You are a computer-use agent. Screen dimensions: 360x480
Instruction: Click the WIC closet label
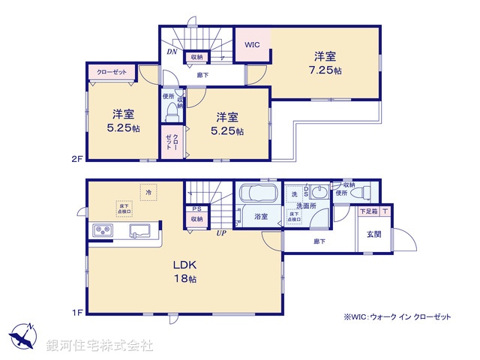(252, 45)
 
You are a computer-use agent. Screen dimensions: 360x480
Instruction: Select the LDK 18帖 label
(185, 272)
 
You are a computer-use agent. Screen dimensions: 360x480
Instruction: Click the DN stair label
(171, 52)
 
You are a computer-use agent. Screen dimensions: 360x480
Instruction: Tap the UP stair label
(221, 232)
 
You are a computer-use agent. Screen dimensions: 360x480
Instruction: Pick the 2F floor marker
(76, 158)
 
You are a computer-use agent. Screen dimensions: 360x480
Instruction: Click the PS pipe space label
(196, 209)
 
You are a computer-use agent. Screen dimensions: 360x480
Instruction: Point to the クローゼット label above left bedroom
(112, 72)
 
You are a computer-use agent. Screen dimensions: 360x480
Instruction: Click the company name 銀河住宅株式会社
(100, 346)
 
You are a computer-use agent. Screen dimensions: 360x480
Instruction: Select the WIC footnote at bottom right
(397, 317)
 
